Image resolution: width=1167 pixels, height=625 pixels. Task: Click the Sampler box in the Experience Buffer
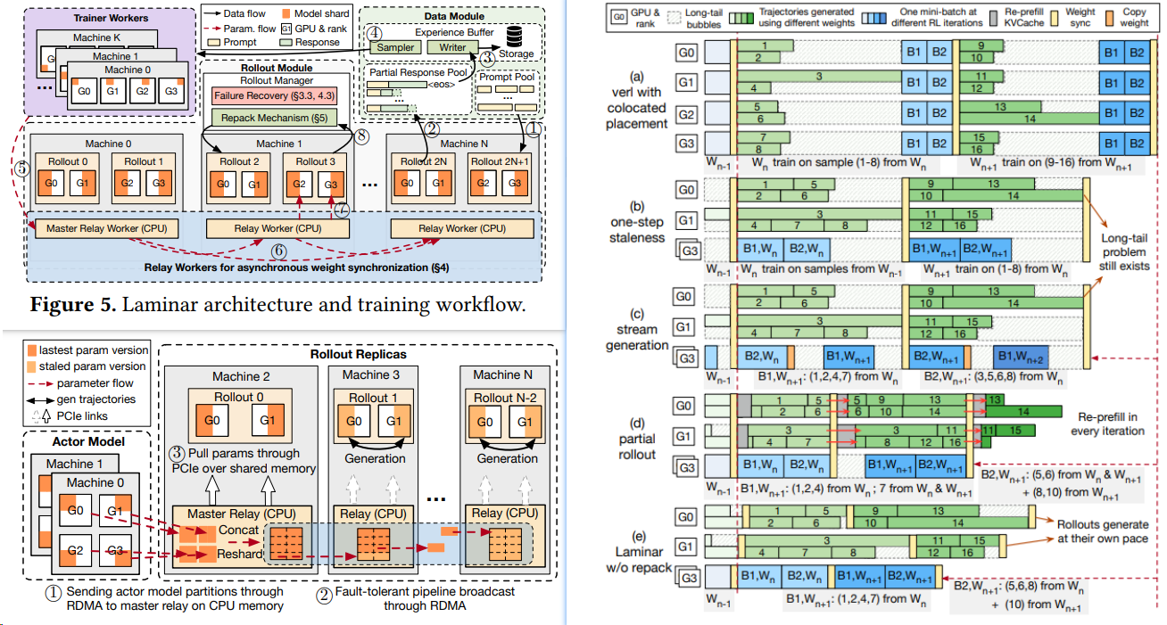click(x=393, y=46)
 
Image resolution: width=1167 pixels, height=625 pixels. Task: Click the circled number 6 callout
click(x=278, y=252)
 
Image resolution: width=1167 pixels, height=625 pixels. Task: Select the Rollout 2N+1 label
click(x=499, y=161)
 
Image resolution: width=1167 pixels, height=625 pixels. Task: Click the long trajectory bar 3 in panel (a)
click(x=818, y=78)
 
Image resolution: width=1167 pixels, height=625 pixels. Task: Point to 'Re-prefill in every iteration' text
click(x=1110, y=424)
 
